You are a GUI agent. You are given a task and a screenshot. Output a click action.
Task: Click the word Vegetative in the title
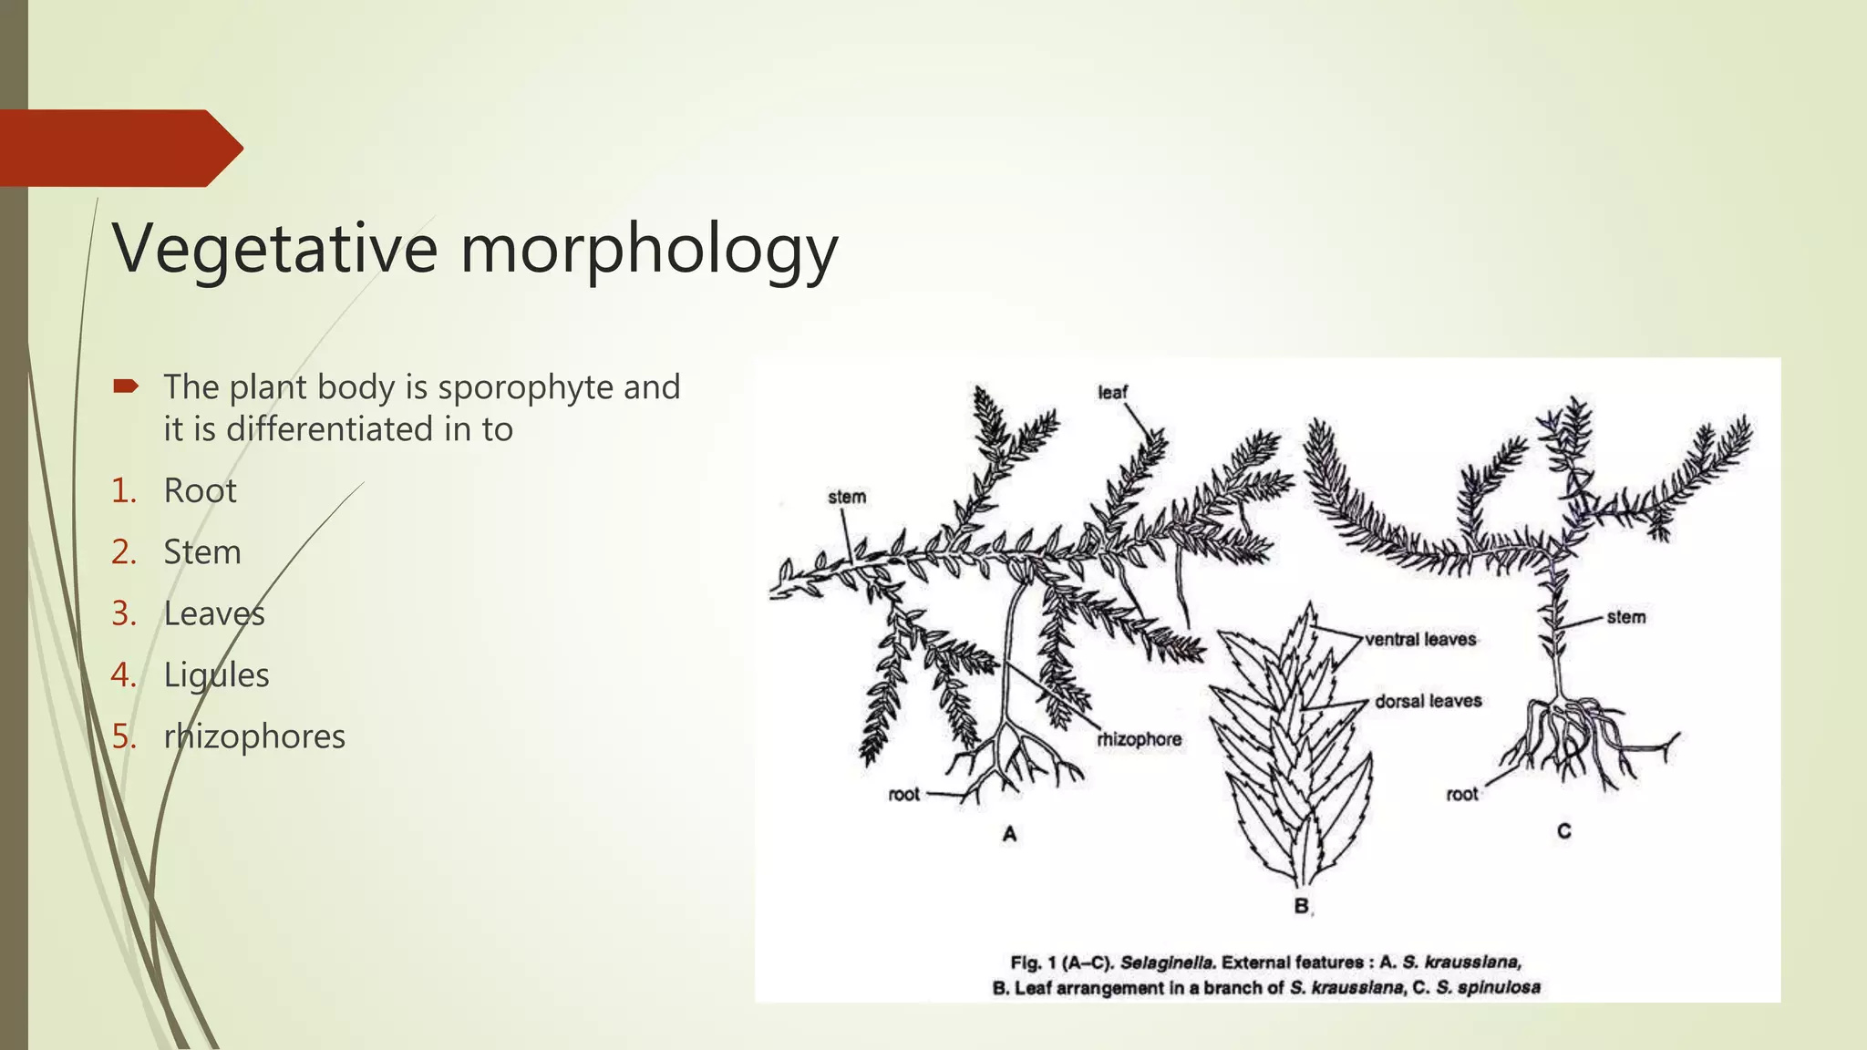point(274,249)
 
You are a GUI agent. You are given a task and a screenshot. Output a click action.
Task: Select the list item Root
point(200,491)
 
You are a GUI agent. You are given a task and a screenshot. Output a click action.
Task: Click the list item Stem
point(202,552)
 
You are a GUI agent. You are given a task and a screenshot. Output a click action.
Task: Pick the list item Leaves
point(214,613)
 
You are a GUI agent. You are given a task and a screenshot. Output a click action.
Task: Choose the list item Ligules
point(216,675)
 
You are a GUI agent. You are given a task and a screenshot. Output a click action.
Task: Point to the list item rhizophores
point(254,736)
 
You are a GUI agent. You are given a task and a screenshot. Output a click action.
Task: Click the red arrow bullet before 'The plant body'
point(126,386)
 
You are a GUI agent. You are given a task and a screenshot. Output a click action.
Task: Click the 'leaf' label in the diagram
point(1112,393)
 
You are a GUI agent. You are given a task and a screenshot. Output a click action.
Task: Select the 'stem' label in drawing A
point(847,497)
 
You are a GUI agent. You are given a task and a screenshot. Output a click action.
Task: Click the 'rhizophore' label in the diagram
point(1140,739)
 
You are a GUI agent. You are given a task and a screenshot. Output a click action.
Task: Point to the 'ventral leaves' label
point(1420,640)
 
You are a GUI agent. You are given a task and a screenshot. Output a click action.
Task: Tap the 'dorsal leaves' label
point(1428,701)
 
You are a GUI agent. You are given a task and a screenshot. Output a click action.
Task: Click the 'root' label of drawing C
point(1462,794)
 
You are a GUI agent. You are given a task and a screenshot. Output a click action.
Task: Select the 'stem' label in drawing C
point(1626,617)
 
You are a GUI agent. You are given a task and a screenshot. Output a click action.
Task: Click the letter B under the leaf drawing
point(1302,906)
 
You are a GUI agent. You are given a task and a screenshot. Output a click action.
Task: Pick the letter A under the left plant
point(1009,834)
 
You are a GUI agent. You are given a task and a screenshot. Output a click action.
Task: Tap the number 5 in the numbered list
point(122,736)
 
